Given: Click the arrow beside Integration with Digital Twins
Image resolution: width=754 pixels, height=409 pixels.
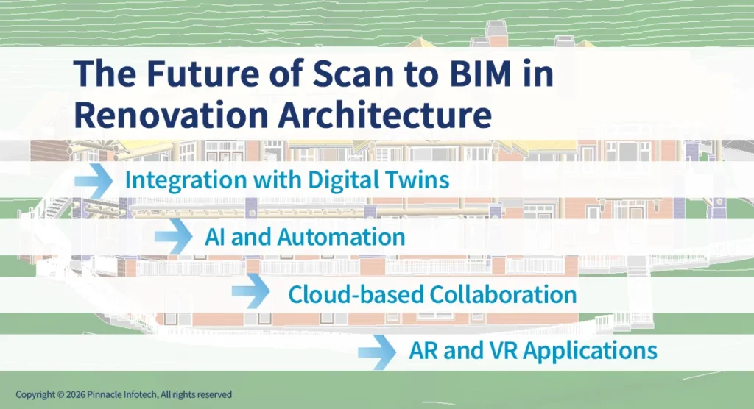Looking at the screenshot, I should tap(94, 180).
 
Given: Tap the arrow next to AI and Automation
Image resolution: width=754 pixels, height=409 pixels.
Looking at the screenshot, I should tap(173, 237).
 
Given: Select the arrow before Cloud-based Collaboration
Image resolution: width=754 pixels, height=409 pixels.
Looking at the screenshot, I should tap(251, 293).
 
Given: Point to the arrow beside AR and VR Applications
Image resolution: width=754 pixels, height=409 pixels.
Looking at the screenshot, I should tap(378, 350).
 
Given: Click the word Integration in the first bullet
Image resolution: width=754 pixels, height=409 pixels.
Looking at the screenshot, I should tap(183, 180).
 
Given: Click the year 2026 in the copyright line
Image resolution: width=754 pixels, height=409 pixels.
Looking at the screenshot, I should tap(76, 394).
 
